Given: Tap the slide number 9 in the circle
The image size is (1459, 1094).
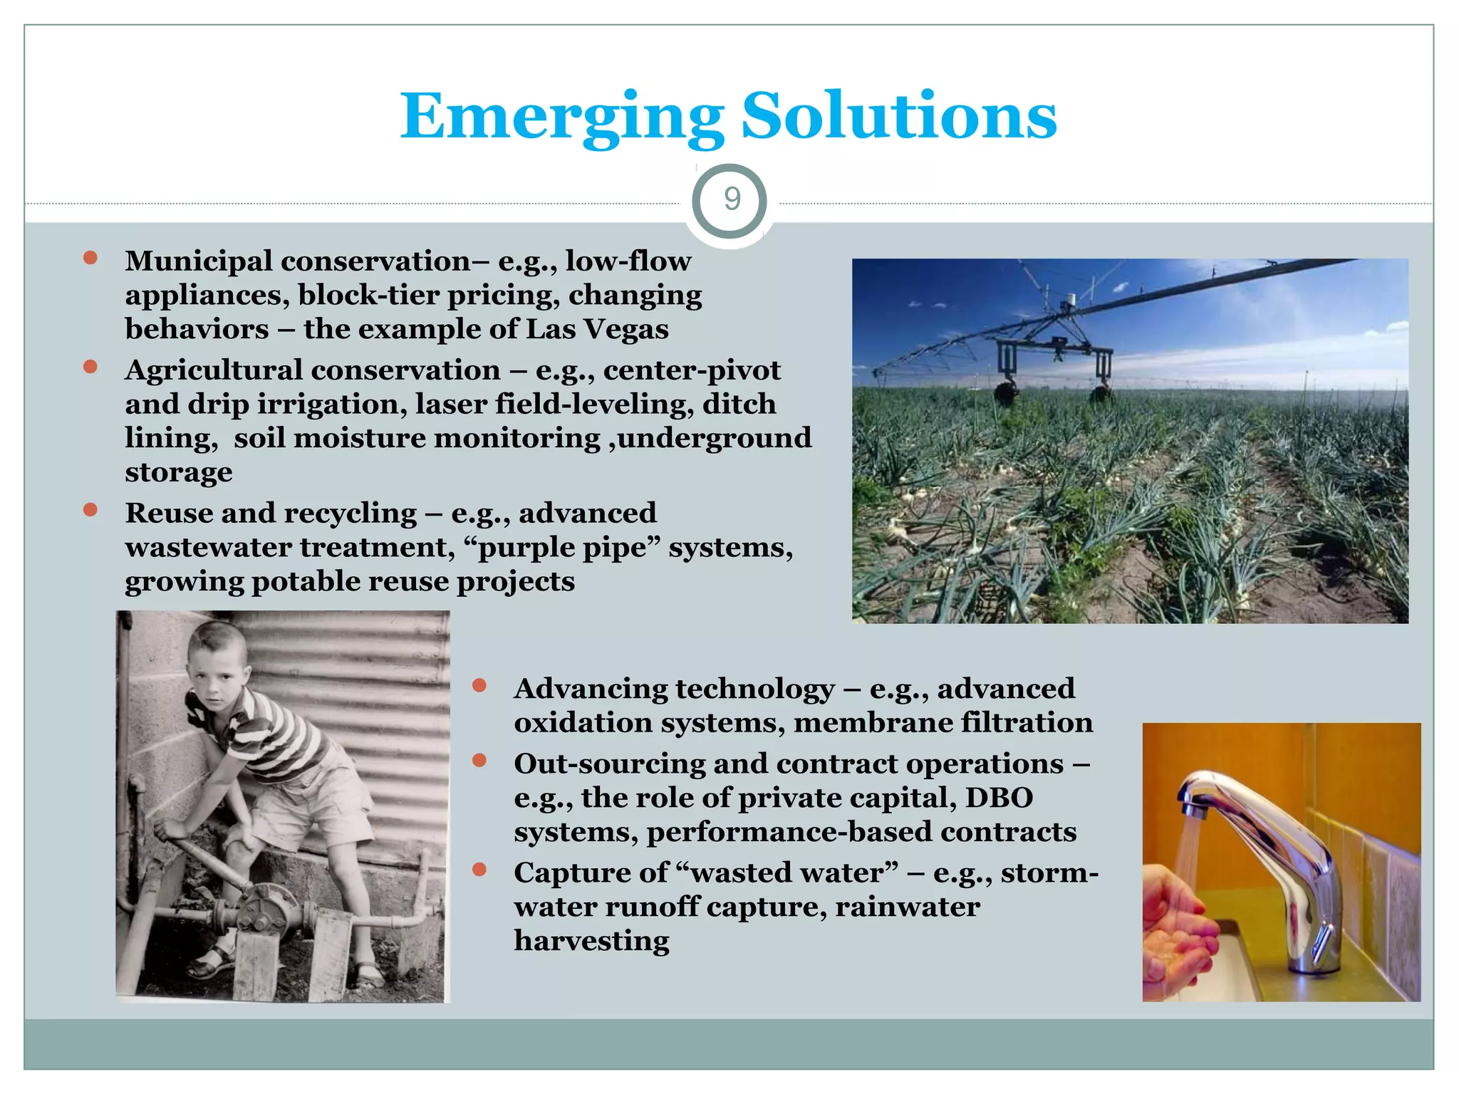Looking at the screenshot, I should point(732,199).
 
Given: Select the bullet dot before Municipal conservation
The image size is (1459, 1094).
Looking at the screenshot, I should point(90,257).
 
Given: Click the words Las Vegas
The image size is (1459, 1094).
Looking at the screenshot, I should point(597,329).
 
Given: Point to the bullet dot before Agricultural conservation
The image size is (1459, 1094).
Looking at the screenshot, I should point(90,367).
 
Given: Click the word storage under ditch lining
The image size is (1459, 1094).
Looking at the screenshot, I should point(178,472).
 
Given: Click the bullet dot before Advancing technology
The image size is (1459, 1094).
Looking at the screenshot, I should point(479,685).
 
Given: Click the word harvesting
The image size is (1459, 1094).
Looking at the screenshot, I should point(591,941).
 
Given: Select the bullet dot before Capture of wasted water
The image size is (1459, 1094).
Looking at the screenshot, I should point(479,869).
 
